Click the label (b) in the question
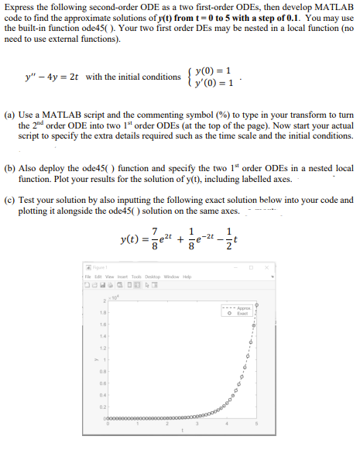tap(11, 167)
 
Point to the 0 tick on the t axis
tap(108, 424)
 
